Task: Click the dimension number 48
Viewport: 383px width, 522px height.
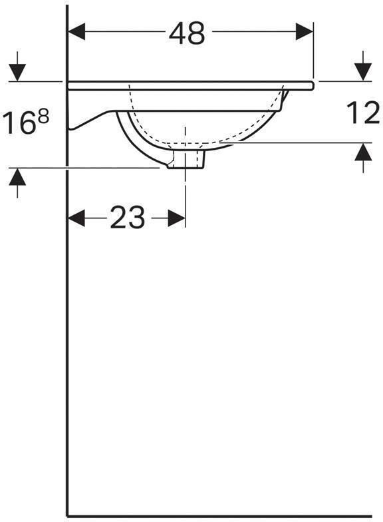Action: click(187, 33)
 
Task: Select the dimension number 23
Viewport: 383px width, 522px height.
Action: click(127, 218)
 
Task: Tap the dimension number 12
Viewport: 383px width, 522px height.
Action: click(362, 113)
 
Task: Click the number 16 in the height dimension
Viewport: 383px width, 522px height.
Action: click(20, 124)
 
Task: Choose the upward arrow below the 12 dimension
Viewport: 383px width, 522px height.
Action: click(362, 153)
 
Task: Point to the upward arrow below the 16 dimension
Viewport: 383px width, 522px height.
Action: click(17, 178)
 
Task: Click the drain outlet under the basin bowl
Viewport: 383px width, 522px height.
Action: click(186, 160)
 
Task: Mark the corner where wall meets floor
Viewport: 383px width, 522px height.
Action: click(68, 515)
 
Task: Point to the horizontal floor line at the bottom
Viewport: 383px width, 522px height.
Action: click(226, 516)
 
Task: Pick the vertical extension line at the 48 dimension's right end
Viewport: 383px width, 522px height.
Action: click(313, 57)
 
